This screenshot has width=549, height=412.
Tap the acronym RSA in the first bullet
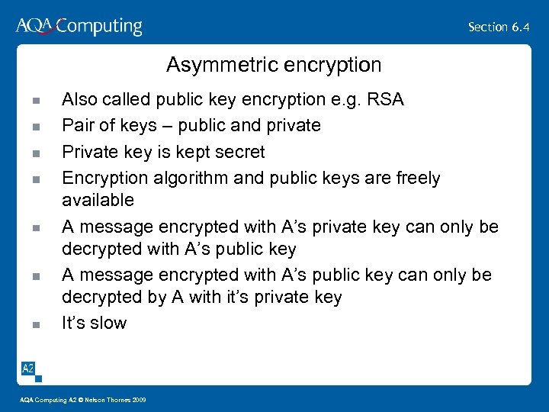[x=386, y=99]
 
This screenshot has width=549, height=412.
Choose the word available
[x=98, y=200]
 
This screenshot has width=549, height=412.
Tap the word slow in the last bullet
[x=108, y=323]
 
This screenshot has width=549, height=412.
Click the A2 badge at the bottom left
[x=28, y=369]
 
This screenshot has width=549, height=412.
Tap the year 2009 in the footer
[x=139, y=400]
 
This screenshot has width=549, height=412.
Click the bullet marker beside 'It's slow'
[x=35, y=324]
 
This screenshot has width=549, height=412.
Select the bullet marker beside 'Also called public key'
[x=35, y=101]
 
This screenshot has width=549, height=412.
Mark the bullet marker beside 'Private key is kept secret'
[x=35, y=153]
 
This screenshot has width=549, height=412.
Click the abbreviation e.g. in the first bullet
[x=347, y=100]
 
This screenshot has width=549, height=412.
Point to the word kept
[x=183, y=152]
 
